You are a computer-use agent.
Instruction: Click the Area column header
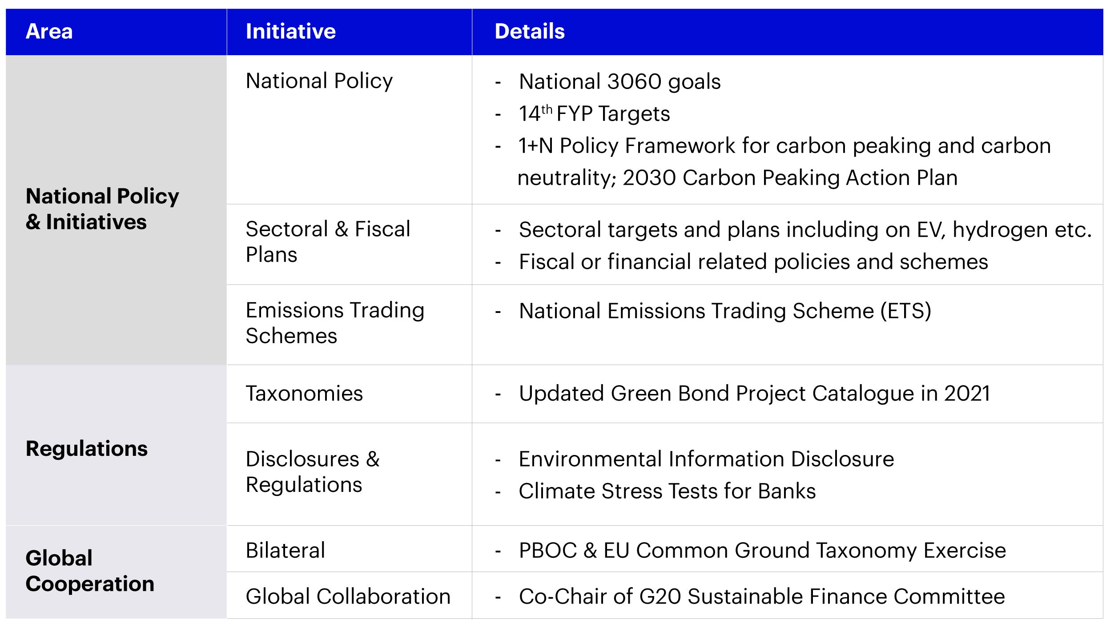pyautogui.click(x=49, y=32)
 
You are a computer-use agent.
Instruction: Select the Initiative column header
pyautogui.click(x=290, y=32)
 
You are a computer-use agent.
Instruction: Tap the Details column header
pyautogui.click(x=529, y=32)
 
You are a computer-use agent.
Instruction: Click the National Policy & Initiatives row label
pyautogui.click(x=102, y=209)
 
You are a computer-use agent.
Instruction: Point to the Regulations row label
pyautogui.click(x=87, y=448)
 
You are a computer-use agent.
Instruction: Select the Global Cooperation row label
pyautogui.click(x=90, y=571)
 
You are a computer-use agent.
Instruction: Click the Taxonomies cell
pyautogui.click(x=304, y=394)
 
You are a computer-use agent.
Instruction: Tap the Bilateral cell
pyautogui.click(x=285, y=550)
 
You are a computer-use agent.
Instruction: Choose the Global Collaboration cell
pyautogui.click(x=348, y=597)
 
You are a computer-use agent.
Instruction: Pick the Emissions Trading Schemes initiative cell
pyautogui.click(x=335, y=323)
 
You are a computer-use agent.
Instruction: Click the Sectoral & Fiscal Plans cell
pyautogui.click(x=328, y=242)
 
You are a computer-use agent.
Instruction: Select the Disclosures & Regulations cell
pyautogui.click(x=313, y=471)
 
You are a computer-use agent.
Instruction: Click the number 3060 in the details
pyautogui.click(x=634, y=82)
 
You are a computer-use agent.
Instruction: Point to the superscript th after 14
pyautogui.click(x=547, y=109)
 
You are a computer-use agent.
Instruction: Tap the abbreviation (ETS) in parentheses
pyautogui.click(x=905, y=311)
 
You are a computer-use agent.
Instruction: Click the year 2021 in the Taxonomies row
pyautogui.click(x=967, y=394)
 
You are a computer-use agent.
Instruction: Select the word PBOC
pyautogui.click(x=547, y=551)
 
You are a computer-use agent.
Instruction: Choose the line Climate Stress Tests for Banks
pyautogui.click(x=667, y=491)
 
